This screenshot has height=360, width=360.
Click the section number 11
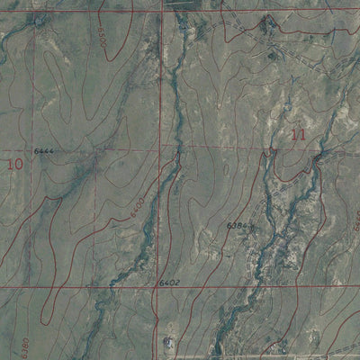click(x=300, y=135)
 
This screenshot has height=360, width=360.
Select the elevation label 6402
click(x=170, y=283)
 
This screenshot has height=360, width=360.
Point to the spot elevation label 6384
click(x=237, y=225)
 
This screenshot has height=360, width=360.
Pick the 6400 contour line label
click(x=136, y=210)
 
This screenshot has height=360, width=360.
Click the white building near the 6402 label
click(x=168, y=341)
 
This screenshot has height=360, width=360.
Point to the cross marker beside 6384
click(x=250, y=226)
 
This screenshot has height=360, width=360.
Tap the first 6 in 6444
click(x=36, y=150)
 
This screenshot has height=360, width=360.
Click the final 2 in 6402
click(x=179, y=283)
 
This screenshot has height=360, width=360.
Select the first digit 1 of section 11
click(x=296, y=135)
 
